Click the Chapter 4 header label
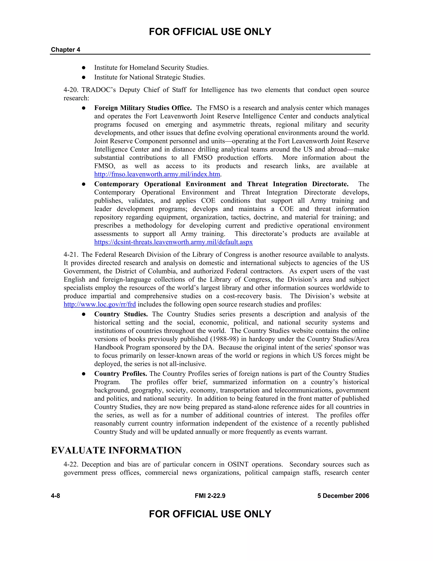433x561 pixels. point(65,50)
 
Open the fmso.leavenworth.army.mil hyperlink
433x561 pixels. point(157,174)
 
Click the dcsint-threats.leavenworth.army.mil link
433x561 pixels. point(173,242)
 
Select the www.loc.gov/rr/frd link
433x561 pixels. point(100,304)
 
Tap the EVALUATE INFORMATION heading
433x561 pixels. point(116,450)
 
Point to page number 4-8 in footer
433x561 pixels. point(55,496)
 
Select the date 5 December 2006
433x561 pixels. point(343,496)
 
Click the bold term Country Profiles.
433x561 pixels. point(121,374)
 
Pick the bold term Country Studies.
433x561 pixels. point(121,314)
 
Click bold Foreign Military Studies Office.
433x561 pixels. point(143,108)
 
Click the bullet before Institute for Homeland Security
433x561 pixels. point(84,68)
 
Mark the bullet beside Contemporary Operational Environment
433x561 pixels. point(84,184)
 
